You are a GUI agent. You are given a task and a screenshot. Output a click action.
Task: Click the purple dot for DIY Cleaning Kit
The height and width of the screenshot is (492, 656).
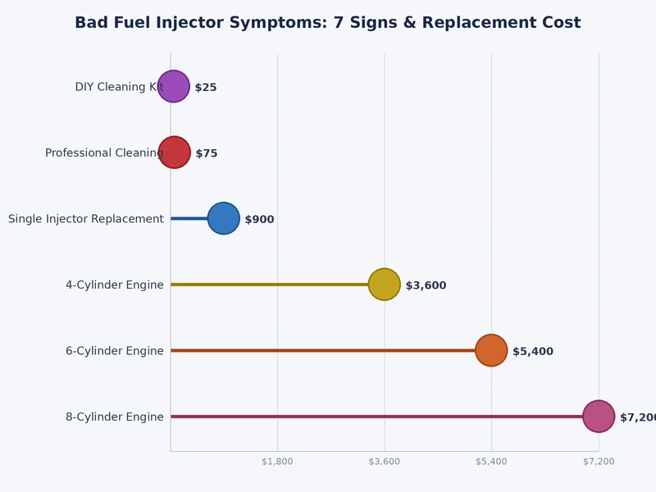click(173, 86)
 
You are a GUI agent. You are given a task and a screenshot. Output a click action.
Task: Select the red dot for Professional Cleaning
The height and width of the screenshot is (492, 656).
click(174, 153)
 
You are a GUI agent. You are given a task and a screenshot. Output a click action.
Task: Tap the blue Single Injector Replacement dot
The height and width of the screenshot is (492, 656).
click(223, 218)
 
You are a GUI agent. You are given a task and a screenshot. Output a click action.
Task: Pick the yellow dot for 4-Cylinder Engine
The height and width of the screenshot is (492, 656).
click(384, 285)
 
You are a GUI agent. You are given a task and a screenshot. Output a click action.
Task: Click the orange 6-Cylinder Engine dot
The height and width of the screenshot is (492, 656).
click(491, 350)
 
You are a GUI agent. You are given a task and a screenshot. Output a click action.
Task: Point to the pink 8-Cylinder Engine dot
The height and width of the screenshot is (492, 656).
click(598, 417)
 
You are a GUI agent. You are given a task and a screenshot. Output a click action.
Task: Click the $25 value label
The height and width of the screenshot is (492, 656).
click(206, 88)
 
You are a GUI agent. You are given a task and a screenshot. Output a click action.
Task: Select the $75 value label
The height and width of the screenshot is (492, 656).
click(207, 153)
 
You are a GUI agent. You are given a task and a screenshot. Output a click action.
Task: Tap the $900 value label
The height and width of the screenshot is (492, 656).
click(259, 220)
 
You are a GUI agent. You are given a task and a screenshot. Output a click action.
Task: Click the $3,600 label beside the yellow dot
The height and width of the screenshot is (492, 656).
click(426, 285)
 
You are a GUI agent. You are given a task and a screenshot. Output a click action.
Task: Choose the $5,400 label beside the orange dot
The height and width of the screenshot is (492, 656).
click(533, 352)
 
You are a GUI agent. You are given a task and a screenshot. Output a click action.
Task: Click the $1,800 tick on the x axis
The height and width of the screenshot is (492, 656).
click(277, 462)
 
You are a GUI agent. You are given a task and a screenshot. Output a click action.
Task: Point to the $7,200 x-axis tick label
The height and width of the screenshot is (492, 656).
click(599, 462)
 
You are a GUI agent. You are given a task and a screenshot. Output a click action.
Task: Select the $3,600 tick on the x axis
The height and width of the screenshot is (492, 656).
click(385, 462)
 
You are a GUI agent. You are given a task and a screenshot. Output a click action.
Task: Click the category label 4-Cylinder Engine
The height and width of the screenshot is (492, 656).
click(115, 285)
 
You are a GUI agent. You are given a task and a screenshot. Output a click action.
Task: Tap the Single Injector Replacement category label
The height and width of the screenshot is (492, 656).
click(86, 219)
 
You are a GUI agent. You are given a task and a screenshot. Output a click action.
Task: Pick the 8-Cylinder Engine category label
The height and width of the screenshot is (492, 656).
click(115, 417)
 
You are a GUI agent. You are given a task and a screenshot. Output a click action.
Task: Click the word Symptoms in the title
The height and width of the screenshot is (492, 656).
click(282, 23)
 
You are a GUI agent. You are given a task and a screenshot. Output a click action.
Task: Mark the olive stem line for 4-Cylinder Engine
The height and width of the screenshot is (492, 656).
click(271, 285)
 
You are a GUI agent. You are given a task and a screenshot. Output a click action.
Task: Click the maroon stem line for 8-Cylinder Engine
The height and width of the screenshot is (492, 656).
click(377, 417)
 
